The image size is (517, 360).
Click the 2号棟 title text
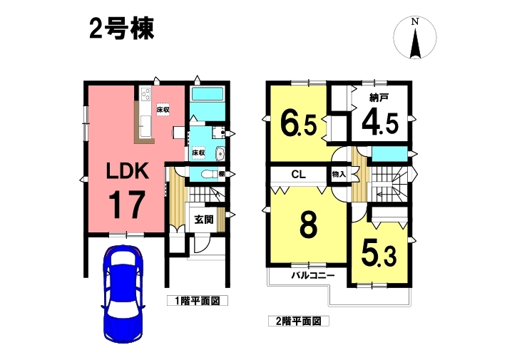pyautogui.click(x=122, y=30)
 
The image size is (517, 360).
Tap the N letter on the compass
pyautogui.click(x=415, y=22)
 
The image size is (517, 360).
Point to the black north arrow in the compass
pyautogui.click(x=416, y=43)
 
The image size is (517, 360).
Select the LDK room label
pyautogui.click(x=127, y=171)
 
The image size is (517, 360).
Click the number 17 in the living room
pyautogui.click(x=127, y=205)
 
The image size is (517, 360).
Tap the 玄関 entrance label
pyautogui.click(x=204, y=220)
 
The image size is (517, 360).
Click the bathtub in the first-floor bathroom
pyautogui.click(x=208, y=94)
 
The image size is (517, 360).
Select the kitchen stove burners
pyautogui.click(x=145, y=94)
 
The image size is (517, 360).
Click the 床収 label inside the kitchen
pyautogui.click(x=163, y=110)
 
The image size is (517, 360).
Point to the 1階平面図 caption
pyautogui.click(x=197, y=301)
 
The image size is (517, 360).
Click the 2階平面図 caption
pyautogui.click(x=298, y=321)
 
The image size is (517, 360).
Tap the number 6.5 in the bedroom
pyautogui.click(x=299, y=125)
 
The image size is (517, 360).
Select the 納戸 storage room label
pyautogui.click(x=379, y=98)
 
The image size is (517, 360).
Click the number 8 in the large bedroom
pyautogui.click(x=309, y=225)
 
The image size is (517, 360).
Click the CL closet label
pyautogui.click(x=298, y=175)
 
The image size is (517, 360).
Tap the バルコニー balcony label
pyautogui.click(x=313, y=275)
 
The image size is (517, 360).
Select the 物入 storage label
pyautogui.click(x=339, y=175)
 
